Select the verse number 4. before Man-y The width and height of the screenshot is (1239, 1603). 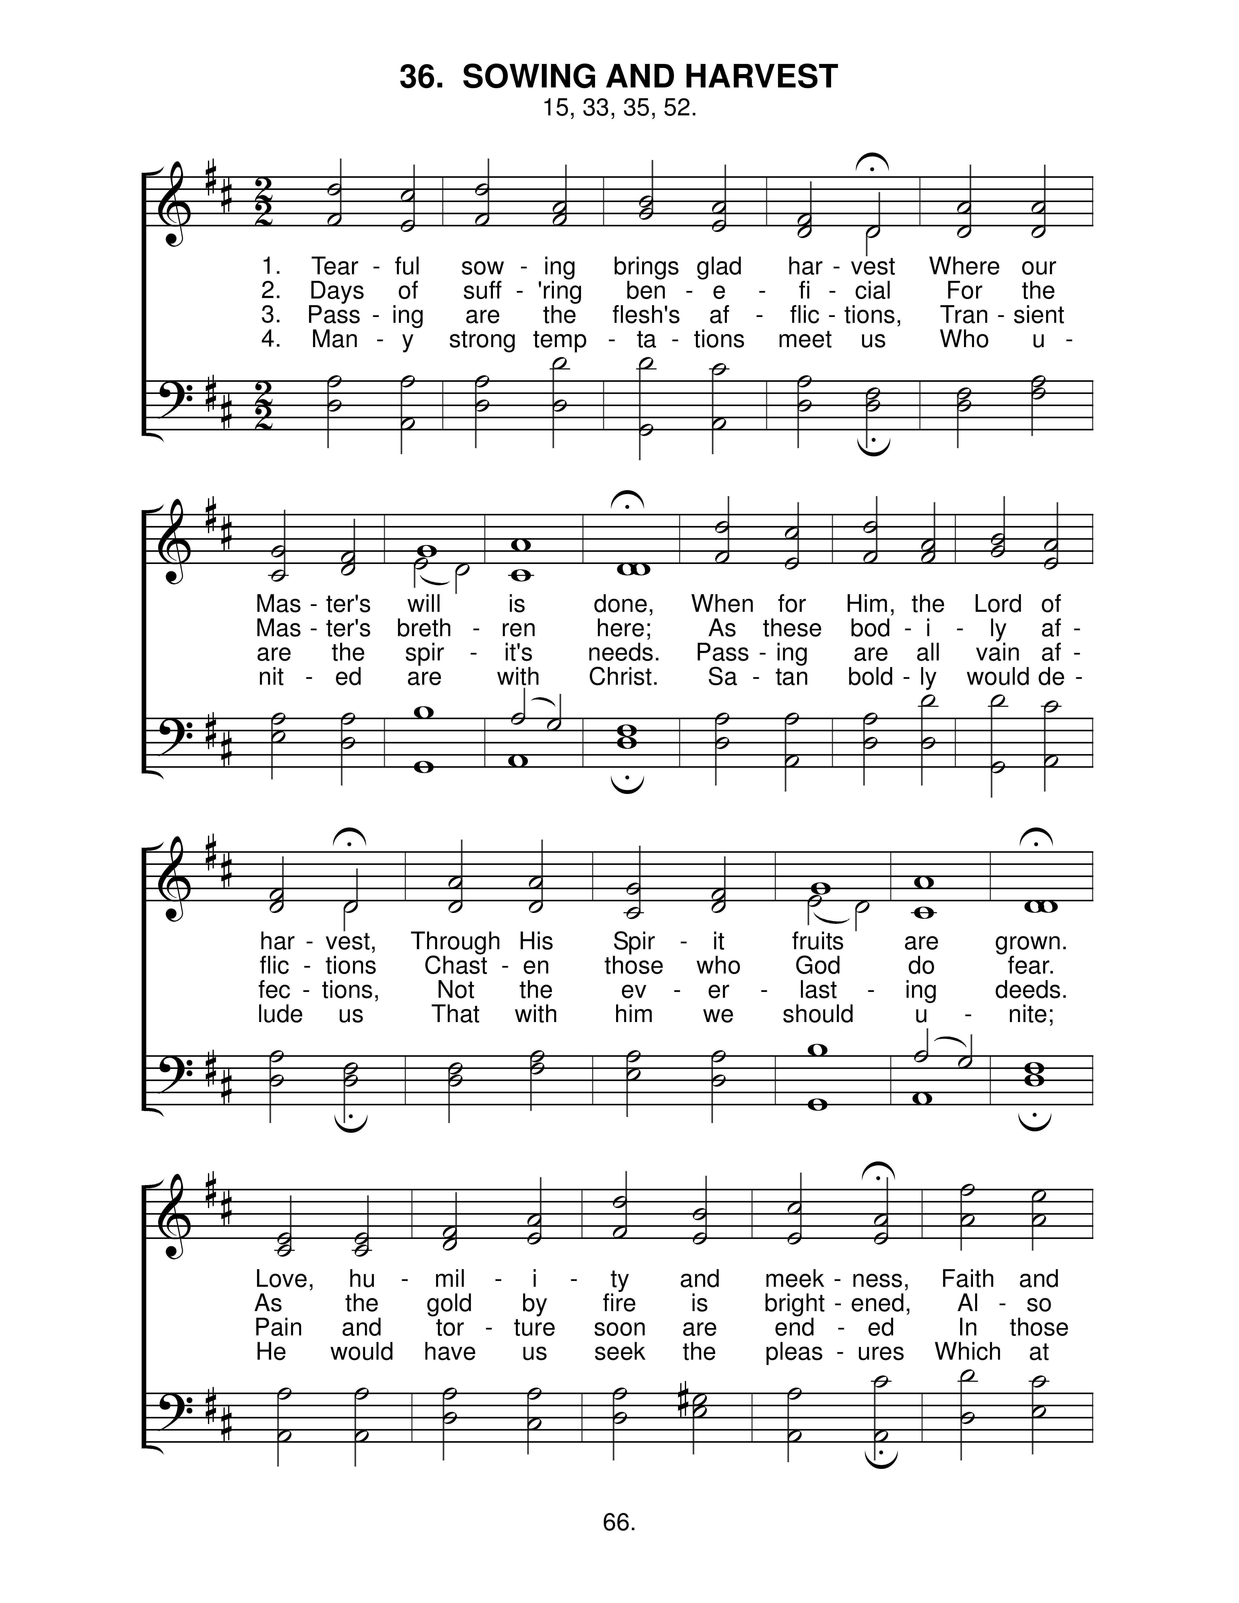271,339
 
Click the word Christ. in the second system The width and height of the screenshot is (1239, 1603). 623,676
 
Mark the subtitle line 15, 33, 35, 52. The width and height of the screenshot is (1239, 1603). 619,108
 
